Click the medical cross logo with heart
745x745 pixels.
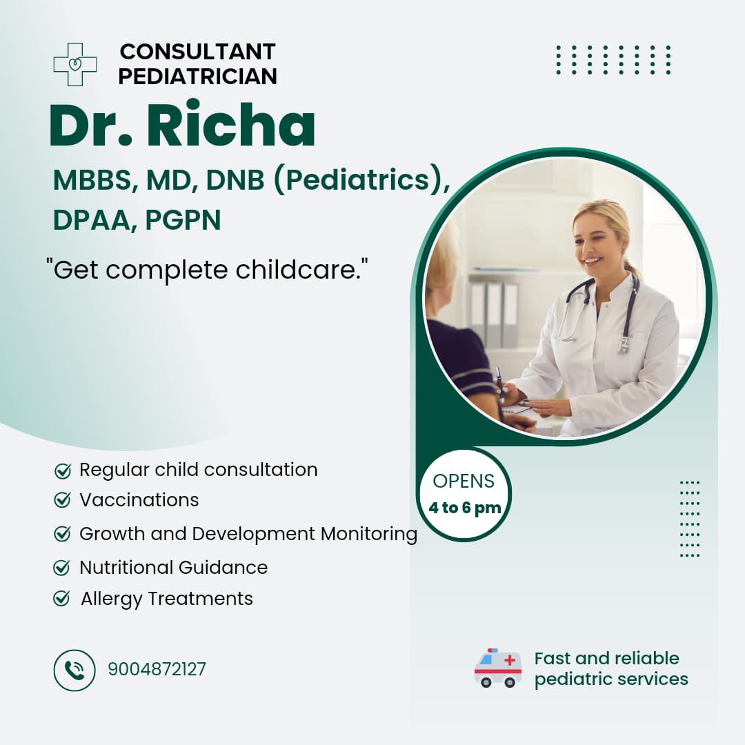pyautogui.click(x=75, y=65)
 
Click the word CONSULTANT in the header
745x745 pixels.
pyautogui.click(x=198, y=52)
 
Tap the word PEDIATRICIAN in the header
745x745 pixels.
pyautogui.click(x=198, y=77)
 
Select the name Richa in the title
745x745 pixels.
pyautogui.click(x=230, y=125)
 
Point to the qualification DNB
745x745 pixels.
pyautogui.click(x=235, y=180)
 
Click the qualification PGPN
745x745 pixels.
pyautogui.click(x=183, y=220)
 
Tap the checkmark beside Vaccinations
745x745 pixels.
pyautogui.click(x=62, y=500)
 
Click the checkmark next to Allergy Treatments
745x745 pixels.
pyautogui.click(x=62, y=598)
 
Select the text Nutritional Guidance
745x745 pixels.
pyautogui.click(x=173, y=567)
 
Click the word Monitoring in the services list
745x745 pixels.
pyautogui.click(x=368, y=534)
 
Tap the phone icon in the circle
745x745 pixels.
pyautogui.click(x=74, y=670)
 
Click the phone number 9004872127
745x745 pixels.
pyautogui.click(x=157, y=669)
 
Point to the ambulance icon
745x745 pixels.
pyautogui.click(x=498, y=668)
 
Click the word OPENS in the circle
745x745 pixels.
pyautogui.click(x=464, y=481)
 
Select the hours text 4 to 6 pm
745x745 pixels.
pyautogui.click(x=465, y=508)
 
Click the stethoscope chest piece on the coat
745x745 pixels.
pyautogui.click(x=624, y=346)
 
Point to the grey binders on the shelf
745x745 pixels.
pyautogui.click(x=494, y=315)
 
